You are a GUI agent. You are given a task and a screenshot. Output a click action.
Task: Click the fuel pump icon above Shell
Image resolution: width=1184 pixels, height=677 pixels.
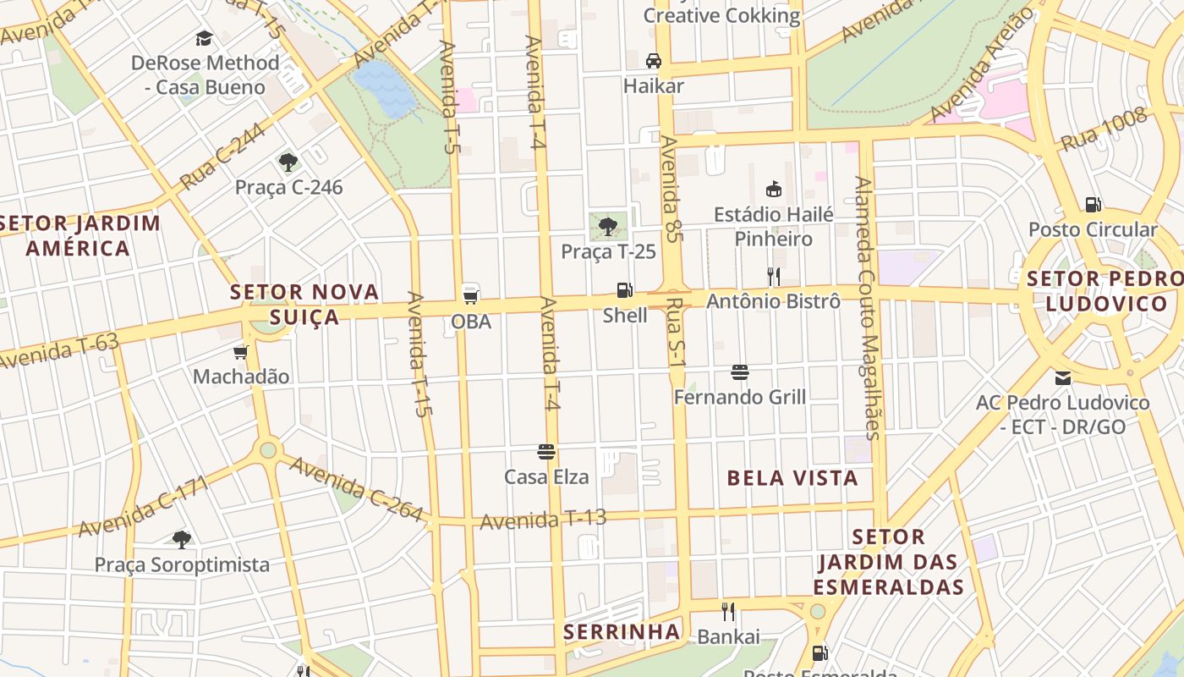[x=624, y=290]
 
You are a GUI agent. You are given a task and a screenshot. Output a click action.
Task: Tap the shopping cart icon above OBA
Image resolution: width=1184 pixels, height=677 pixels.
[x=471, y=296]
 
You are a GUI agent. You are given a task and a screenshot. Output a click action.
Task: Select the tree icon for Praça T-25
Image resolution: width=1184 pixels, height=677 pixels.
[x=607, y=226]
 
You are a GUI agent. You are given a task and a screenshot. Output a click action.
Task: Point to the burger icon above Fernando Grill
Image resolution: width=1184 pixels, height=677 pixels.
[x=740, y=372]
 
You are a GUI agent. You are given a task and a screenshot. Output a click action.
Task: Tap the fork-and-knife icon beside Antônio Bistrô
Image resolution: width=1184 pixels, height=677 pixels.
[x=773, y=276]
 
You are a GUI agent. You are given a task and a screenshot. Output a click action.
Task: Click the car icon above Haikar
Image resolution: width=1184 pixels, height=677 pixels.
[x=653, y=61]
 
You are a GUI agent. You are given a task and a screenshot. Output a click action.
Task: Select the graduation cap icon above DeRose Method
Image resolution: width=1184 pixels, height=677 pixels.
[x=204, y=38]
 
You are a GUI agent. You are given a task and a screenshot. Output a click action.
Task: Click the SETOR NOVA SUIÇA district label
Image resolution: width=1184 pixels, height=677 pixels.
[x=304, y=304]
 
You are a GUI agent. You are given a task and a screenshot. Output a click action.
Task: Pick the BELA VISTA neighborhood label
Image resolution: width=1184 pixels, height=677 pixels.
[x=792, y=478]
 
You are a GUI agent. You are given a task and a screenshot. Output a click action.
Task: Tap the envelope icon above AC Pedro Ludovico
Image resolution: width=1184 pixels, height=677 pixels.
[x=1062, y=377]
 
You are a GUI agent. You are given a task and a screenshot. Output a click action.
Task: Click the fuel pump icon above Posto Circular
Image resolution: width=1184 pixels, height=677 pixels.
[x=1093, y=204]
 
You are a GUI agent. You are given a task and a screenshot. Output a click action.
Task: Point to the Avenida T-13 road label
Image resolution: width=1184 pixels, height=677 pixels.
[x=543, y=520]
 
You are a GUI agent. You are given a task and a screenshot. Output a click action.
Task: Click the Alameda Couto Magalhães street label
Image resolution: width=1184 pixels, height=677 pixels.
[x=867, y=308]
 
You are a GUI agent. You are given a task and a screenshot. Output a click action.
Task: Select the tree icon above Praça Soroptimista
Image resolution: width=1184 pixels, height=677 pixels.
[x=181, y=539]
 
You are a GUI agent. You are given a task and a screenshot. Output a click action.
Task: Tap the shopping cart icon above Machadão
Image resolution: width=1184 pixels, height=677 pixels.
[x=241, y=351]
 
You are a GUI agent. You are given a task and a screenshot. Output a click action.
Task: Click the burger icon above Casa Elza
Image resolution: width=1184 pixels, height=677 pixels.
[x=546, y=452]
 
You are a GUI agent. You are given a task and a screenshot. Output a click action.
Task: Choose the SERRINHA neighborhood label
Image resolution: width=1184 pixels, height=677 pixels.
[x=622, y=631]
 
